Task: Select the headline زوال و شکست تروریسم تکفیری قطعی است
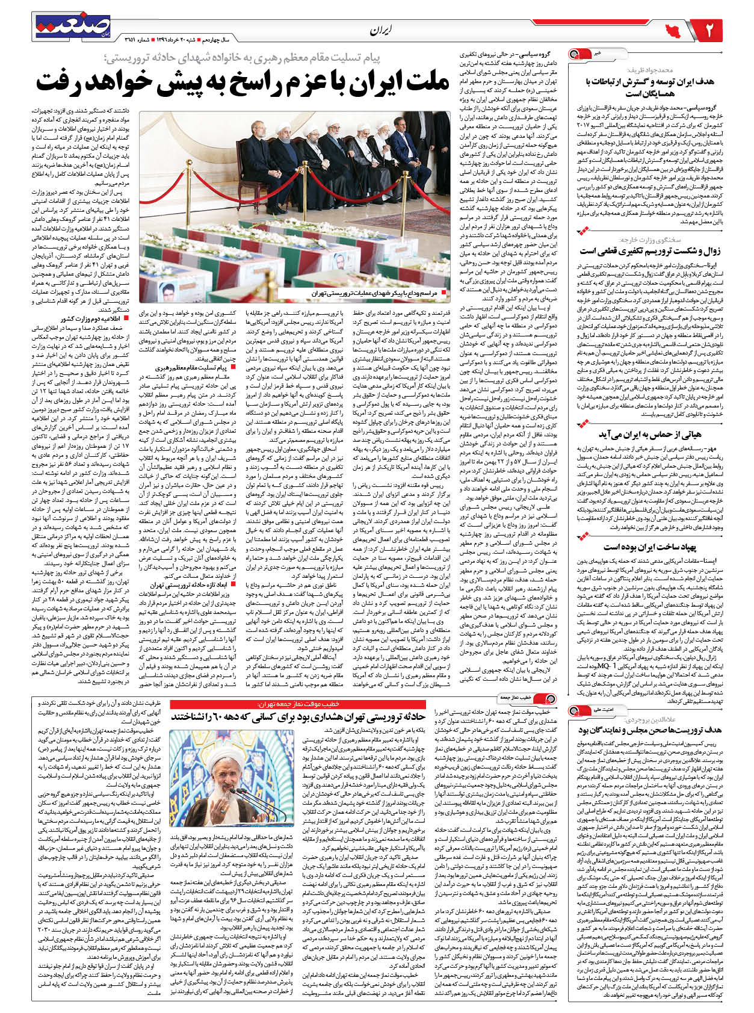click(x=649, y=250)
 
